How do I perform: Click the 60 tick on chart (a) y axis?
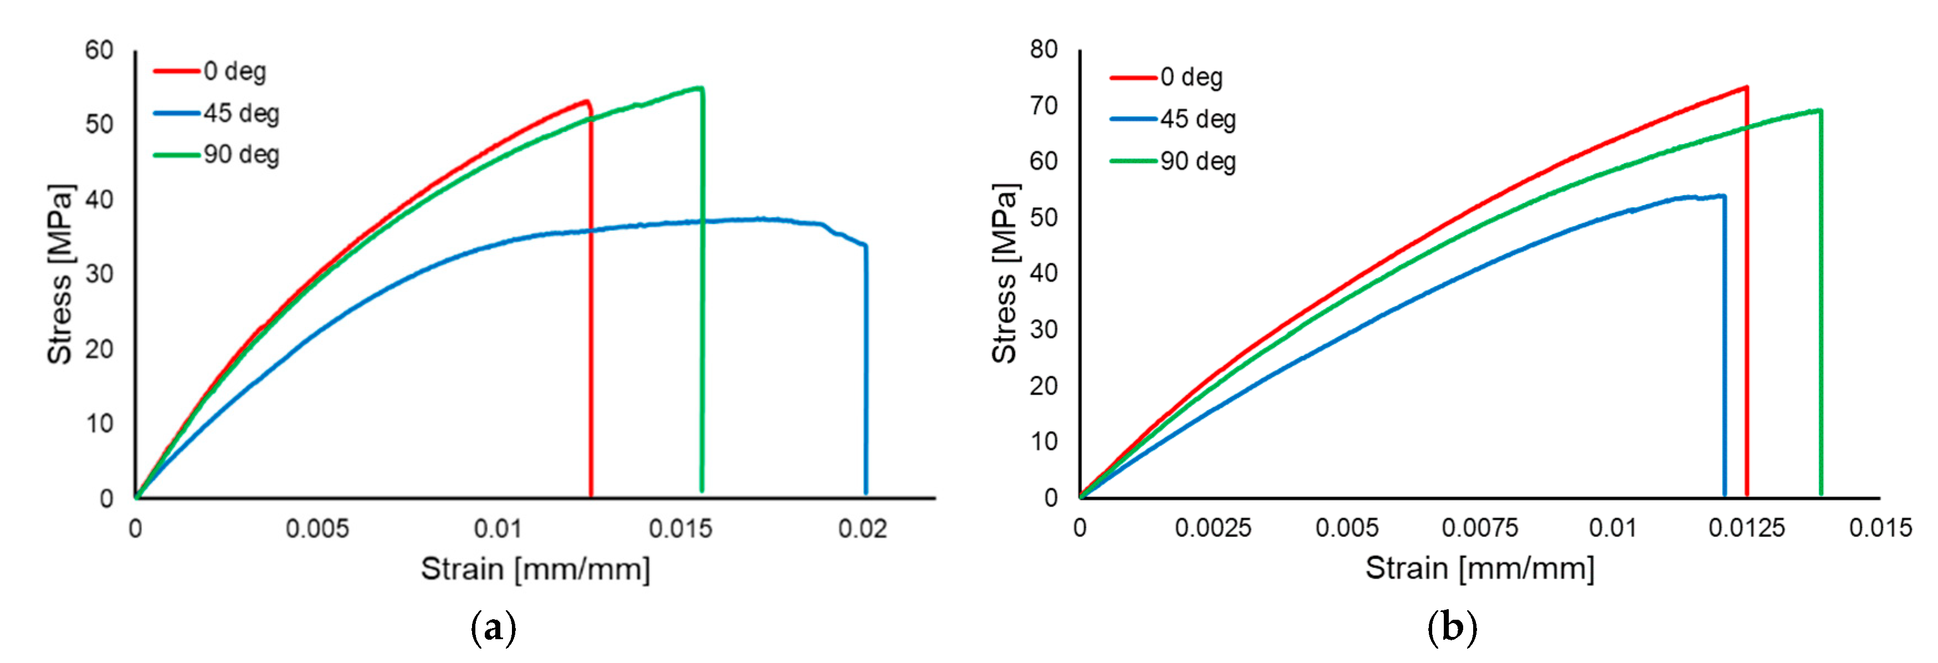point(99,50)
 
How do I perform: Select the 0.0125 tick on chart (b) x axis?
point(1746,528)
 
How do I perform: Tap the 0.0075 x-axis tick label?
point(1479,528)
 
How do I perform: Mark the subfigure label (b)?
point(1451,628)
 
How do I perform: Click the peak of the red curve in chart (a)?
point(585,101)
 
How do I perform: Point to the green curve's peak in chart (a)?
point(700,88)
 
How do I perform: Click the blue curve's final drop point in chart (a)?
point(865,246)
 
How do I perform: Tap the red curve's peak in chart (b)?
point(1745,87)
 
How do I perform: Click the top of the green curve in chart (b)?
point(1819,111)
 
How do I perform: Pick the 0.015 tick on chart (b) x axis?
point(1879,528)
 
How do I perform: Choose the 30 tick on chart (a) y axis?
point(99,274)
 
